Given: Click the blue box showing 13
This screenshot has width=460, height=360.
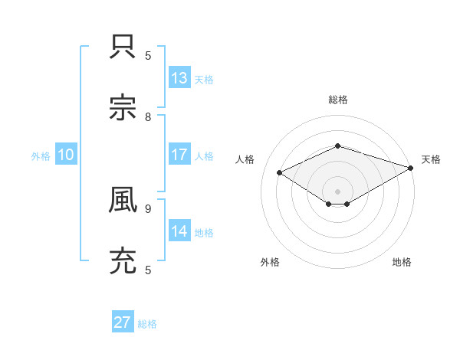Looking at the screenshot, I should pyautogui.click(x=179, y=78).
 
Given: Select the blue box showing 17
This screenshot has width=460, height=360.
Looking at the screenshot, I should pyautogui.click(x=179, y=155).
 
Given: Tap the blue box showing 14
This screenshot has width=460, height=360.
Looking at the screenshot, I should pyautogui.click(x=179, y=231).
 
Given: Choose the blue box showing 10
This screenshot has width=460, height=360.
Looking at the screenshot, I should pyautogui.click(x=66, y=155).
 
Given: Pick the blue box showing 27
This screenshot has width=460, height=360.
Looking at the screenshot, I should pyautogui.click(x=123, y=322).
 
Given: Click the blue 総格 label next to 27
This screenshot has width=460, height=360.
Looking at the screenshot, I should pyautogui.click(x=148, y=324).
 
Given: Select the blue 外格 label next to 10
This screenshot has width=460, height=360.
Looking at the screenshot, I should pyautogui.click(x=41, y=156).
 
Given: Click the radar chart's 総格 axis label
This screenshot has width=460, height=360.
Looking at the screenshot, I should pyautogui.click(x=337, y=100).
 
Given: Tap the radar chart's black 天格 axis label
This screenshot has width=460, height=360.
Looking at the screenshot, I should pyautogui.click(x=431, y=159).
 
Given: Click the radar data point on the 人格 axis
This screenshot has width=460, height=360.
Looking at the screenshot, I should pyautogui.click(x=280, y=172).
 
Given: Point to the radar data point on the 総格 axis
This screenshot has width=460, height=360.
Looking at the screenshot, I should pyautogui.click(x=337, y=146).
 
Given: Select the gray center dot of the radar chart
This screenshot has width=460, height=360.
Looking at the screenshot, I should pyautogui.click(x=337, y=191).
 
